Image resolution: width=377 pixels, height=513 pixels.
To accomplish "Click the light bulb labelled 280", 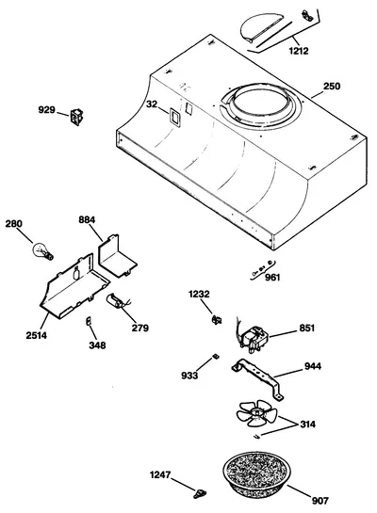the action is point(42,251).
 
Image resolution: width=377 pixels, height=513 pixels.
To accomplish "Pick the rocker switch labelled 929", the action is point(76,117).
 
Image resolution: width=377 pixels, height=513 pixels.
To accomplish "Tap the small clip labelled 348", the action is point(88,321).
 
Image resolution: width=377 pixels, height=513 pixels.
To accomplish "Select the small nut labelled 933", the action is point(216,356).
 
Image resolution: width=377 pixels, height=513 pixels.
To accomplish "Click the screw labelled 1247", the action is point(200,493).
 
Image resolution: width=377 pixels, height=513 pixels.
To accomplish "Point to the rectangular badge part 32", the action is point(174,117).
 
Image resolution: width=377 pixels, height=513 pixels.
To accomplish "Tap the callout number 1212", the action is point(299,51).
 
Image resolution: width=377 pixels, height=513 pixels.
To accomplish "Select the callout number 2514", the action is point(37,335).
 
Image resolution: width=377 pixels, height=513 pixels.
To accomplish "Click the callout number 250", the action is point(332,87).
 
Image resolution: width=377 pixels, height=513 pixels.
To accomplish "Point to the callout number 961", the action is point(272,278).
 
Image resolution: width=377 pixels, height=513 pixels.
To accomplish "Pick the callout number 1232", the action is point(199,294).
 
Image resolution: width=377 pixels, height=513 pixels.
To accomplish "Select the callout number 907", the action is point(320,501).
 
